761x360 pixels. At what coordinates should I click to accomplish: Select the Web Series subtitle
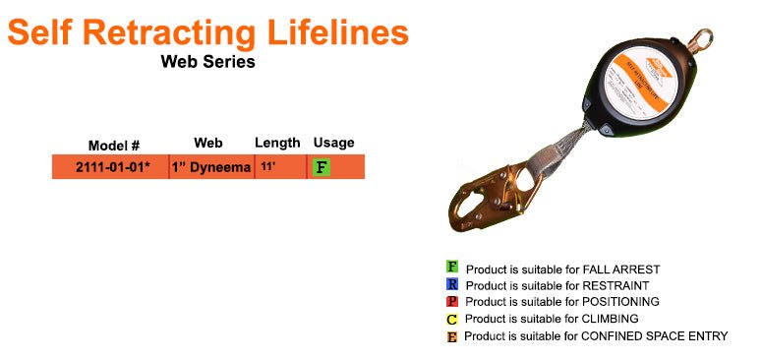207,62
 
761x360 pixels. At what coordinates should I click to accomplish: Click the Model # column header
114,145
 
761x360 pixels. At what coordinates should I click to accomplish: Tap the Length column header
277,144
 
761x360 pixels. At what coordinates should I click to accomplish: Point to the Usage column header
333,144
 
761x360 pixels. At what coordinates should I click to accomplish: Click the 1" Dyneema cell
211,167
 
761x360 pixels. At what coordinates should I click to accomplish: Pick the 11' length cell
267,167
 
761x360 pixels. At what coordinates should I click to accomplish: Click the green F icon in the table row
321,167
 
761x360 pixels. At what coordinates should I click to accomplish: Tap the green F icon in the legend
452,267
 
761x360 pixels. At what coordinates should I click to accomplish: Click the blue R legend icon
452,284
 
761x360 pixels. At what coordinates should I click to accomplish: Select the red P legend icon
452,301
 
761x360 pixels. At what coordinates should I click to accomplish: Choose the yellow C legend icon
452,319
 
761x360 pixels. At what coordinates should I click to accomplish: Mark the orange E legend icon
452,336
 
